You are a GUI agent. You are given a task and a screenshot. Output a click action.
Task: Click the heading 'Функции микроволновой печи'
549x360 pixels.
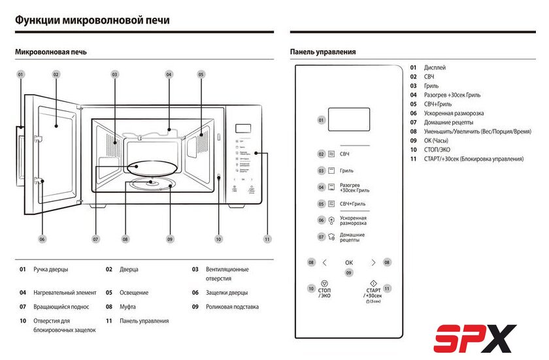92,20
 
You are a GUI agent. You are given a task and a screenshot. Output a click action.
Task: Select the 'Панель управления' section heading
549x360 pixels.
323,52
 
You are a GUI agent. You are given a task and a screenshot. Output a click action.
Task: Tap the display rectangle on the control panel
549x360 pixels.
348,120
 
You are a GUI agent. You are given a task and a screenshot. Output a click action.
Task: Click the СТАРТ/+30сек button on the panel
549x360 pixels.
373,291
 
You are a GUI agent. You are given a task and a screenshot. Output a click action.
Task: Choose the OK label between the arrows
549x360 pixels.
349,263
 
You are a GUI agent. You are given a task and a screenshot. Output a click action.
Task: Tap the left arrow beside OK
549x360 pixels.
324,263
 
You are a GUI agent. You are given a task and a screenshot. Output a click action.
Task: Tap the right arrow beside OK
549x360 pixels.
373,263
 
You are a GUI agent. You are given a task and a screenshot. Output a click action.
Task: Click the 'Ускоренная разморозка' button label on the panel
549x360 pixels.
353,220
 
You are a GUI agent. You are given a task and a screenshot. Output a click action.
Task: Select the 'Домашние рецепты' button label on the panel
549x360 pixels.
352,237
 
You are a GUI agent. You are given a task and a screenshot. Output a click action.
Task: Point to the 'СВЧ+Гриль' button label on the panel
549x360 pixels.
352,204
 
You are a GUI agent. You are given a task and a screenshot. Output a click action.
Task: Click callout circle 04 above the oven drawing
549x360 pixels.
169,74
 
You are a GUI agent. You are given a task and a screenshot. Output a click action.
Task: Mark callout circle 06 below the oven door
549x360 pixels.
42,239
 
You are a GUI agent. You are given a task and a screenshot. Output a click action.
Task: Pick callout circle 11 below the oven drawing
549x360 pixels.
267,239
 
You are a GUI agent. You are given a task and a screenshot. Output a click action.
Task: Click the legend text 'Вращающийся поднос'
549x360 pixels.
61,306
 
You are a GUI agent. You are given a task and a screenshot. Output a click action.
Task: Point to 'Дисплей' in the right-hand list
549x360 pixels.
435,67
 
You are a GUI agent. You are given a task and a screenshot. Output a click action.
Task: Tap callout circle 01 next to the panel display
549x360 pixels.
321,120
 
